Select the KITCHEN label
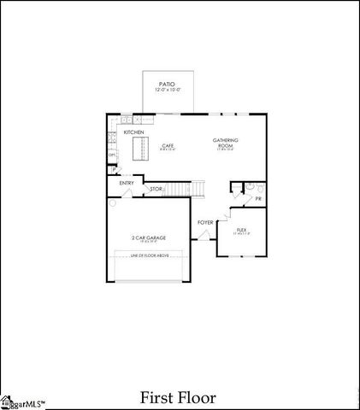click(134, 132)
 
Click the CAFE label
click(168, 145)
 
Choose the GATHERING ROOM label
click(226, 141)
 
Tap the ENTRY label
click(127, 183)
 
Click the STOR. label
click(156, 189)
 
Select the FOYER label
click(205, 222)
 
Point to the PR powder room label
click(258, 199)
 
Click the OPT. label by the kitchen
click(112, 155)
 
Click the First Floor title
click(178, 397)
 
